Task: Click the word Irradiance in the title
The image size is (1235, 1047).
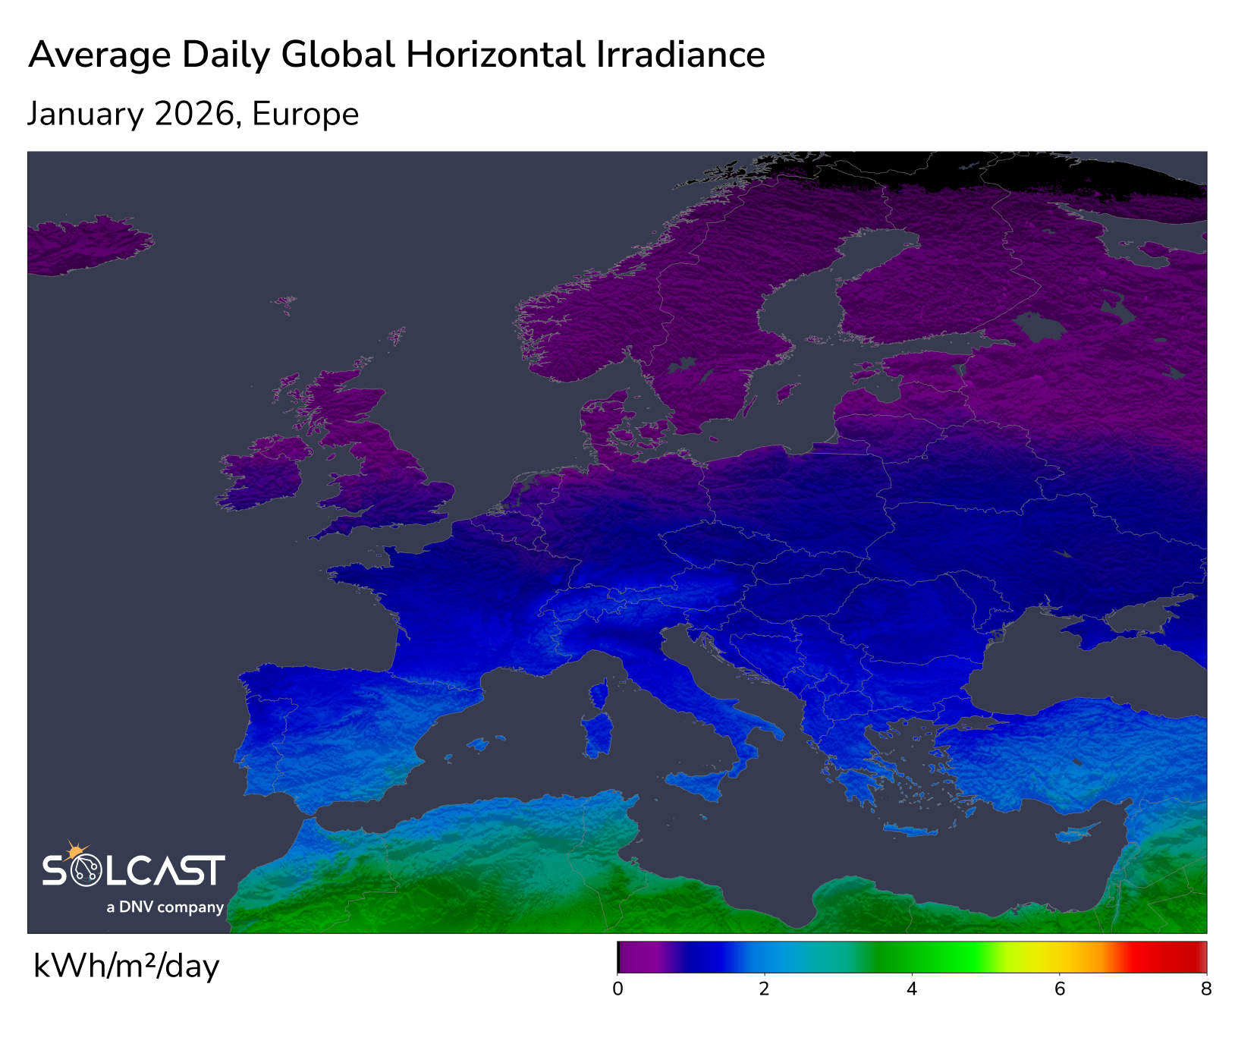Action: (x=680, y=55)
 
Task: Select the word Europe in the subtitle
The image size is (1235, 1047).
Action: (x=305, y=115)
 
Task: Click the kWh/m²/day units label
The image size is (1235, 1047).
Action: (x=127, y=967)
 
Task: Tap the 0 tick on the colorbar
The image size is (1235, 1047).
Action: (x=617, y=989)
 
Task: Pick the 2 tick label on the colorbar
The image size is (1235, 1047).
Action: (x=765, y=989)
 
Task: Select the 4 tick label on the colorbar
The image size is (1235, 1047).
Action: (x=912, y=989)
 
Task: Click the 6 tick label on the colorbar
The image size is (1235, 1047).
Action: (x=1060, y=989)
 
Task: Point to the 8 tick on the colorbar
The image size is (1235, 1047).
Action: (x=1206, y=989)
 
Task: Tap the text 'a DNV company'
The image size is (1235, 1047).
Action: (x=165, y=907)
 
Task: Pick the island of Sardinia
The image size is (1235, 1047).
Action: (x=599, y=733)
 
